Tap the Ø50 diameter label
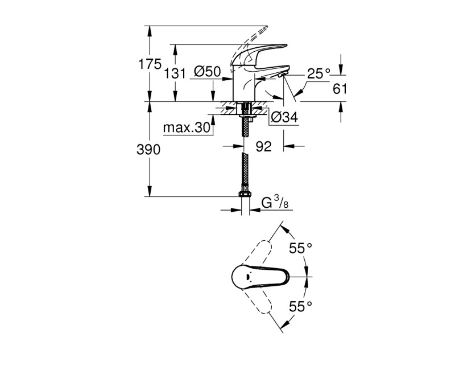pyautogui.click(x=207, y=72)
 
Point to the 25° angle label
pyautogui.click(x=319, y=73)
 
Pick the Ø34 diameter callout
pyautogui.click(x=284, y=117)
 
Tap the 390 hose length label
pyautogui.click(x=150, y=150)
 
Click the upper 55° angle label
pyautogui.click(x=301, y=248)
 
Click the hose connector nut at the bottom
pyautogui.click(x=245, y=197)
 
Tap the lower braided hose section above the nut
pyautogui.click(x=245, y=174)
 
